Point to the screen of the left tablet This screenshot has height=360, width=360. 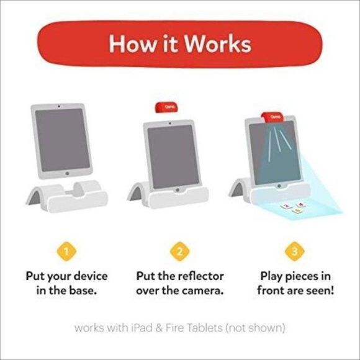(60, 141)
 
